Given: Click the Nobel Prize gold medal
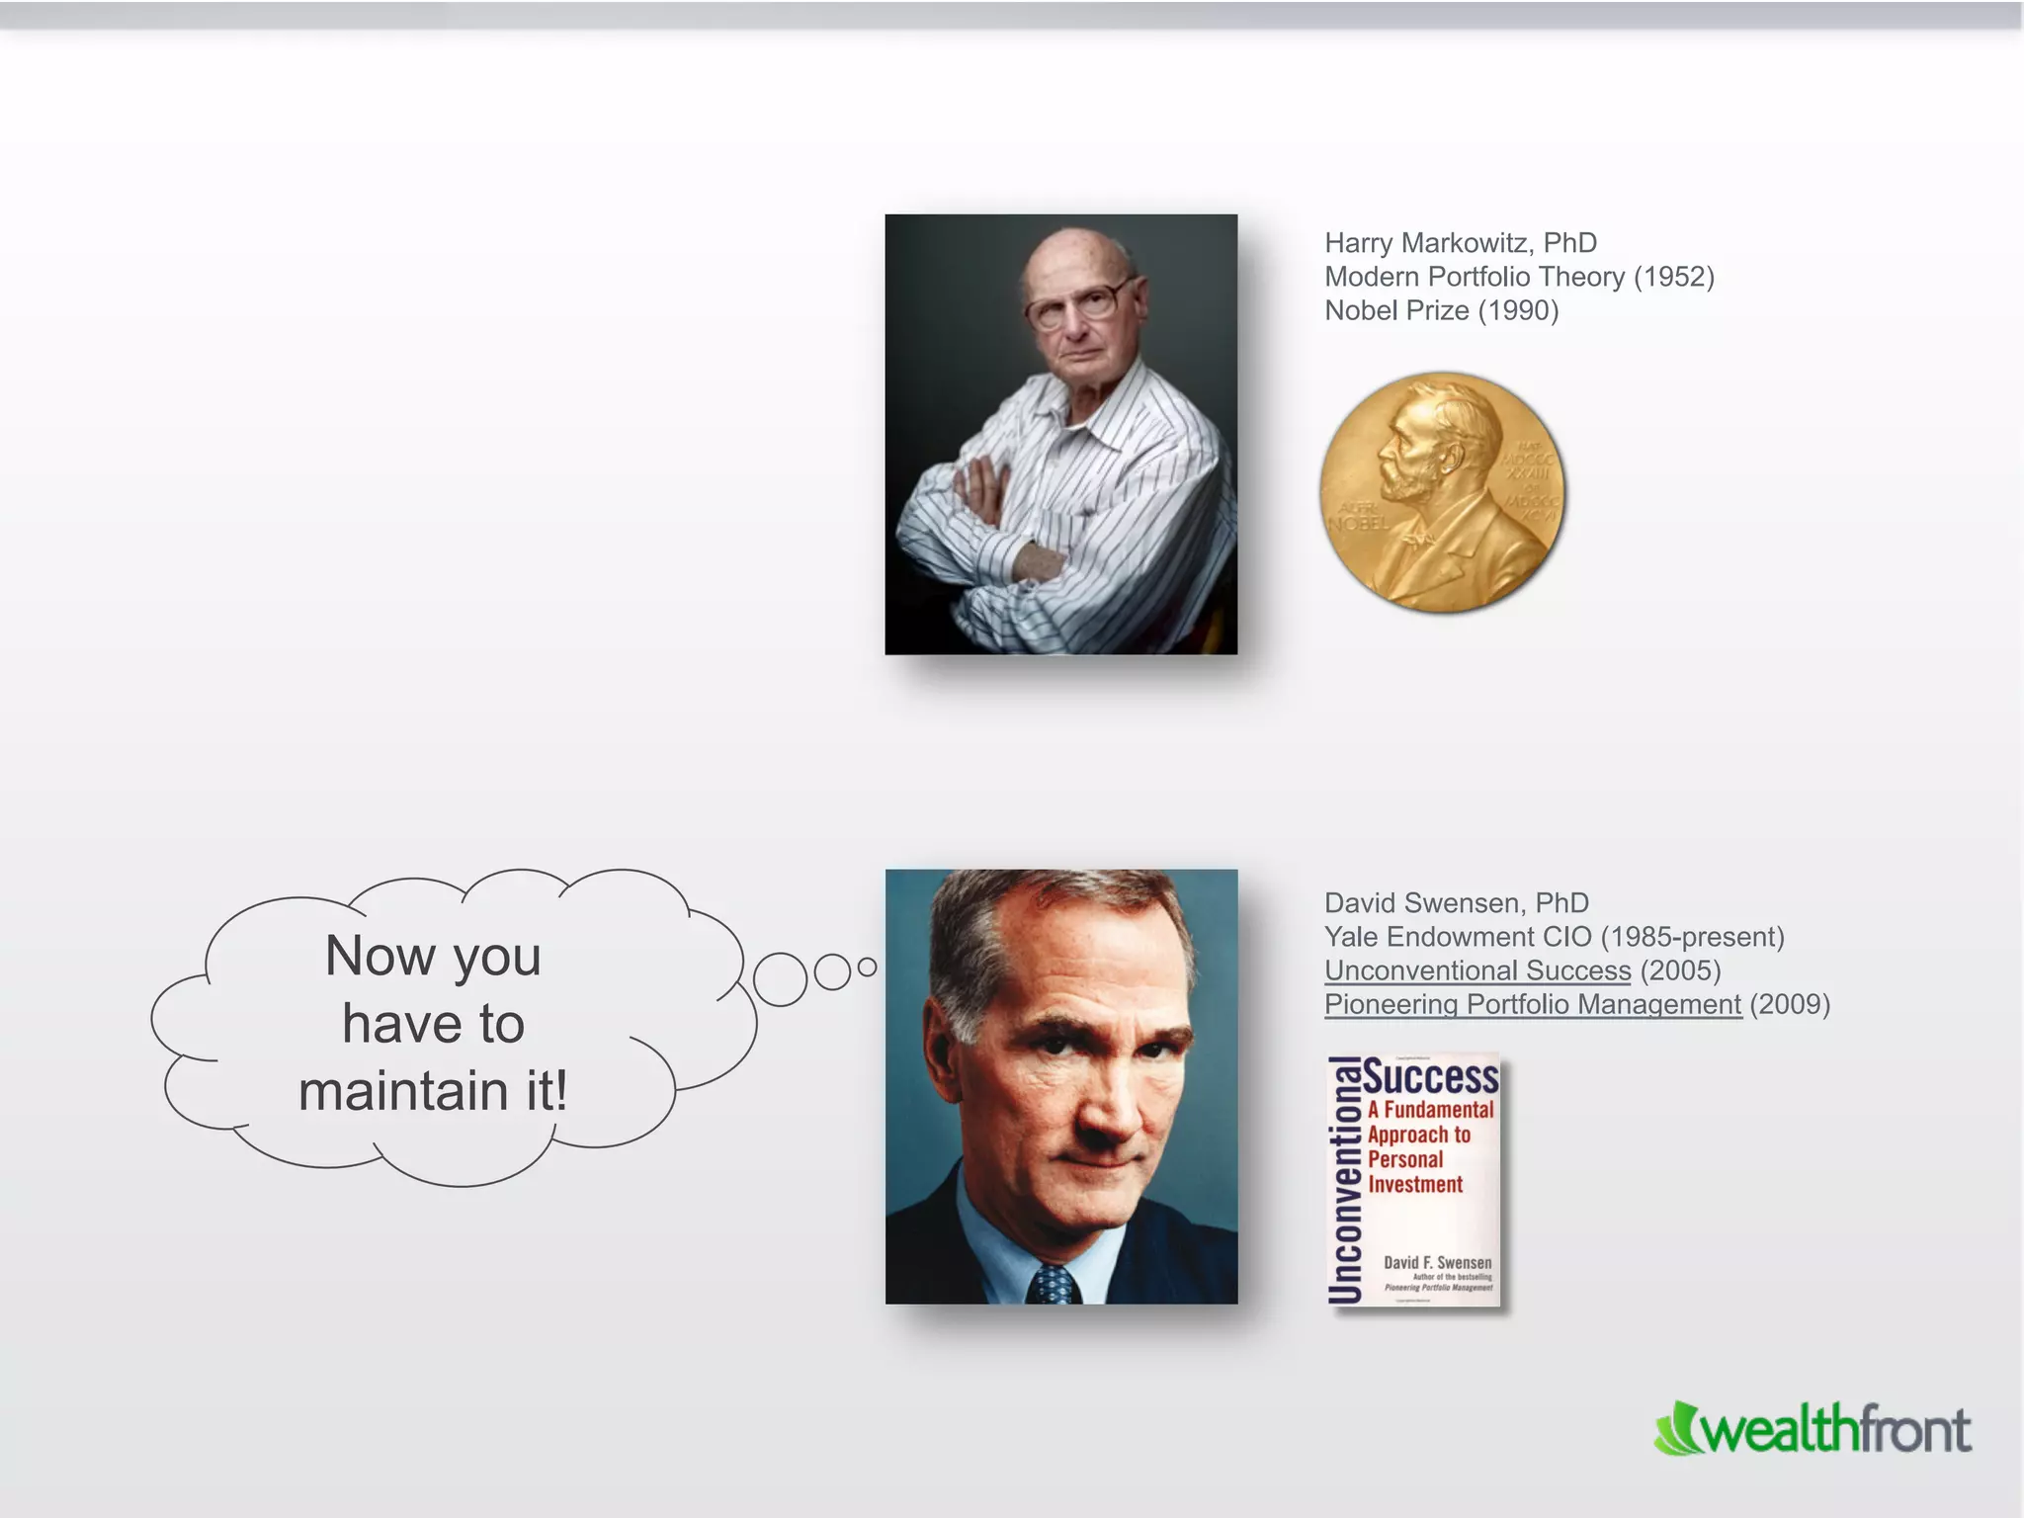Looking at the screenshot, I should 1443,492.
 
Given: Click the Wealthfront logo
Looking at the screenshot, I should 1813,1430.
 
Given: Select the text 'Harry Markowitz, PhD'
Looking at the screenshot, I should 1460,243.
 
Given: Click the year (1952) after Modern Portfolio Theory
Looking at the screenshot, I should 1673,277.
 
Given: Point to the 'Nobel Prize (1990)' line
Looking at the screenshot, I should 1441,310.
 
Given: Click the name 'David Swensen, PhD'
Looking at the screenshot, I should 1456,903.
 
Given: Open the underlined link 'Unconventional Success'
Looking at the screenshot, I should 1476,970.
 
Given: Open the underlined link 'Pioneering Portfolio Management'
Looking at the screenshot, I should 1532,1004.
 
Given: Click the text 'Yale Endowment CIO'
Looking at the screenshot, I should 1458,937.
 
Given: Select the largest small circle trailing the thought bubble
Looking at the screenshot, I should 780,979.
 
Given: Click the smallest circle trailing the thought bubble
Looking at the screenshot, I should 867,968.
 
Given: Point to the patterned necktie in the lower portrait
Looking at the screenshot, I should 1053,1284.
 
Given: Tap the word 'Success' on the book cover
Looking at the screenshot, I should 1432,1078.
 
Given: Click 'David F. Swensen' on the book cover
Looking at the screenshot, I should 1437,1262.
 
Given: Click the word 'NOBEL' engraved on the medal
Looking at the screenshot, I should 1359,523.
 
